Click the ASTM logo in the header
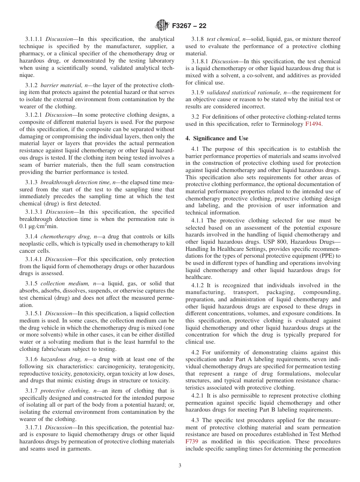tap(162, 26)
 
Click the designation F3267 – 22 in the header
tap(189, 26)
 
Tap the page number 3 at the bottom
tap(180, 466)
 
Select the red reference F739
tap(192, 441)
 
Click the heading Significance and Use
tap(220, 138)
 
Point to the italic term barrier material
tap(59, 85)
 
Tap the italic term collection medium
tap(62, 283)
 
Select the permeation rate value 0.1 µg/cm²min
tap(38, 226)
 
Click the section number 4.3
tap(195, 420)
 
